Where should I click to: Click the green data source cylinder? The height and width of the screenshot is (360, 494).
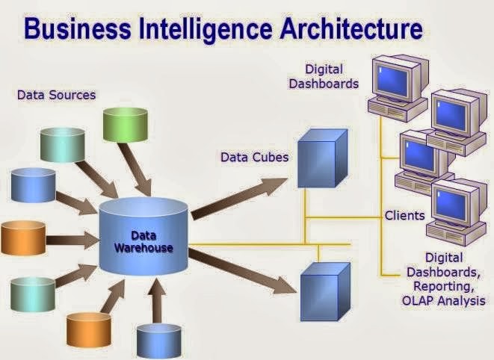point(124,125)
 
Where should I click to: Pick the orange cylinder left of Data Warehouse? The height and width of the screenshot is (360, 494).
point(25,238)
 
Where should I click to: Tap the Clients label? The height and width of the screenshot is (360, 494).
point(404,216)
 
